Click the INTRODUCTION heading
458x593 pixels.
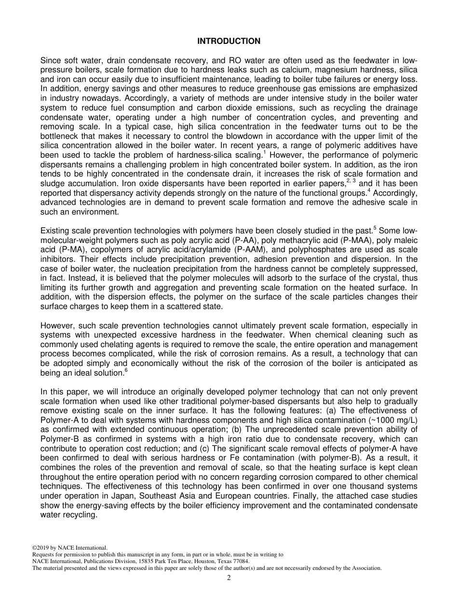click(229, 41)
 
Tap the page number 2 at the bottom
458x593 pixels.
click(229, 578)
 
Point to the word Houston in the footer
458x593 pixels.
click(206, 561)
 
